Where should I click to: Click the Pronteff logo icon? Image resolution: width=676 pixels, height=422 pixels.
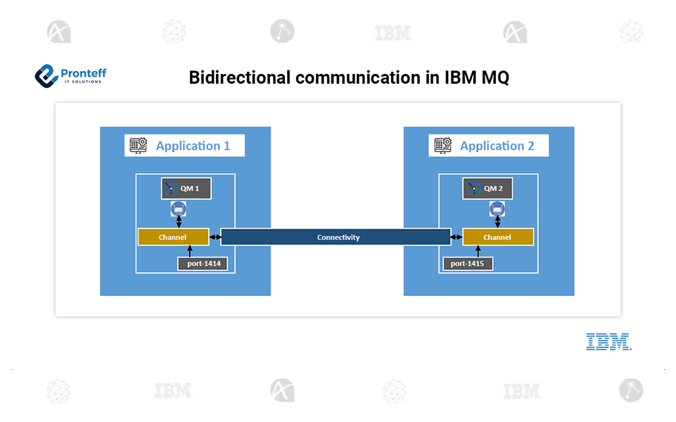point(46,75)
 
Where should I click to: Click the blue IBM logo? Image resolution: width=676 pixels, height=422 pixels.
point(608,342)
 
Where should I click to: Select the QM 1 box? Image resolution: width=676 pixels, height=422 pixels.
point(186,188)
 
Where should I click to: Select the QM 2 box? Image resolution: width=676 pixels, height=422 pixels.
point(487,188)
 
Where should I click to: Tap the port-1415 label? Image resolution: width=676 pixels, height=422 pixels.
point(468,264)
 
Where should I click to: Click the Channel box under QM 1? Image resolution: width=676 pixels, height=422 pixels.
point(173,237)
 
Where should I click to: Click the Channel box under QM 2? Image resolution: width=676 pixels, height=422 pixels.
point(497,237)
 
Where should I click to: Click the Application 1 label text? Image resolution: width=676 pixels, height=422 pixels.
point(193,146)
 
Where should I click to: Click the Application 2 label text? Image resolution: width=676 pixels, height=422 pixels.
point(497,146)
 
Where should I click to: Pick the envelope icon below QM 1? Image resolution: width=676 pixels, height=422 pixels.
point(179,209)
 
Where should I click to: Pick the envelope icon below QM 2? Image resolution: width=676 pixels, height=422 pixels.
point(497,209)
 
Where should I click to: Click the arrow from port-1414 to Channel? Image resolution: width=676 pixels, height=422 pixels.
point(190,251)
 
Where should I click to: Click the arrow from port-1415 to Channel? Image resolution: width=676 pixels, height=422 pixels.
point(480,251)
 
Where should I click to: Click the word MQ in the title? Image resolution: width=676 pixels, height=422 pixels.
point(495,77)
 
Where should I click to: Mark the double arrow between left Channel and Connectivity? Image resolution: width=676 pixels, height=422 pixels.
point(215,237)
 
